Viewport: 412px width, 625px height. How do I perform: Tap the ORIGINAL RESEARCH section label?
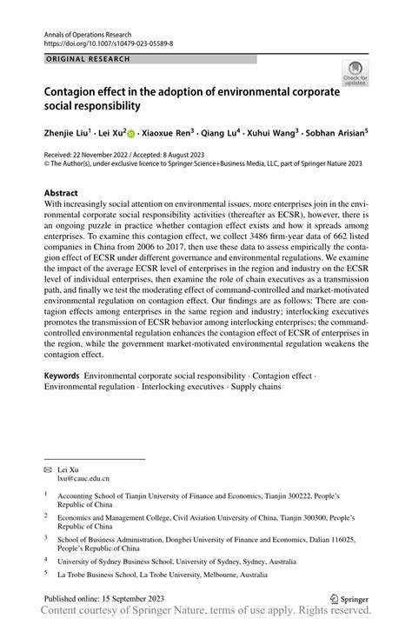click(x=87, y=58)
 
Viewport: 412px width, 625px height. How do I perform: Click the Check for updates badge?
click(x=355, y=74)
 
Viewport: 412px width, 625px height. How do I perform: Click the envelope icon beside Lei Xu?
click(x=48, y=469)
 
